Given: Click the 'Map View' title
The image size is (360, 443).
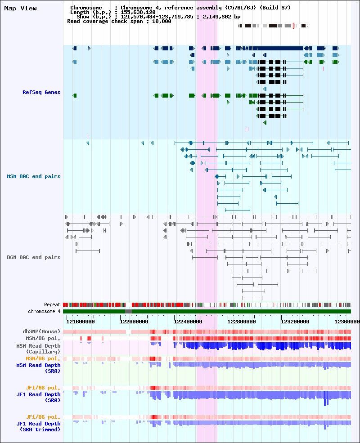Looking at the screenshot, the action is pos(20,9).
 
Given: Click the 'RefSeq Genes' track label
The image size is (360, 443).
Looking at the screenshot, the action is pos(41,92).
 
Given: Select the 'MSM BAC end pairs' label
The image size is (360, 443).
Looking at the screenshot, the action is pos(34,177).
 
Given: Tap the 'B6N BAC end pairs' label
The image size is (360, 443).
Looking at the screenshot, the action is pos(34,257).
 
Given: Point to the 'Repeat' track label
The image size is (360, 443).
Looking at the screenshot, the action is pos(52,304).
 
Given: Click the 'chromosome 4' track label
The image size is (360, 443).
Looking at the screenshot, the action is pos(44,311).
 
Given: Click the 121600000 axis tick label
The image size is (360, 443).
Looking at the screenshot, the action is pos(81,322).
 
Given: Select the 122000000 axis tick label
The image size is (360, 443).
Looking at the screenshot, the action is pos(134,322).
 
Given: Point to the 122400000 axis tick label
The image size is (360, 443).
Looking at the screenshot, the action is pos(188,322).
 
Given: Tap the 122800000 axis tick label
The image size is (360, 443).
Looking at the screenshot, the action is pos(242,322).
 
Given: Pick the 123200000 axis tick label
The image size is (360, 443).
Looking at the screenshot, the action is pos(295,322).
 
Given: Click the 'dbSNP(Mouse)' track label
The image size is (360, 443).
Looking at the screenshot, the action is pos(41,331).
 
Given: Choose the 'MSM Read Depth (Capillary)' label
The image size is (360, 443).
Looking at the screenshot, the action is pos(38,349).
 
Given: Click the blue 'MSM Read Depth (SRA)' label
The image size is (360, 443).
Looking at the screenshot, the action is pos(38,368).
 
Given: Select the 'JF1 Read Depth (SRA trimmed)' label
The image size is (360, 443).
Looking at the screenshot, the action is pos(38,427).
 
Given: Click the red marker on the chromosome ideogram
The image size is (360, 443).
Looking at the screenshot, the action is pos(293,26).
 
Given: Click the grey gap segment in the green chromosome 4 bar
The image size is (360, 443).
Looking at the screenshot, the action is pos(128,311).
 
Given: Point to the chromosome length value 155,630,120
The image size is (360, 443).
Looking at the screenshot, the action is pos(138,13).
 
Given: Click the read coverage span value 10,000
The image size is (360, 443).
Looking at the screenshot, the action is pos(162,22).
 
